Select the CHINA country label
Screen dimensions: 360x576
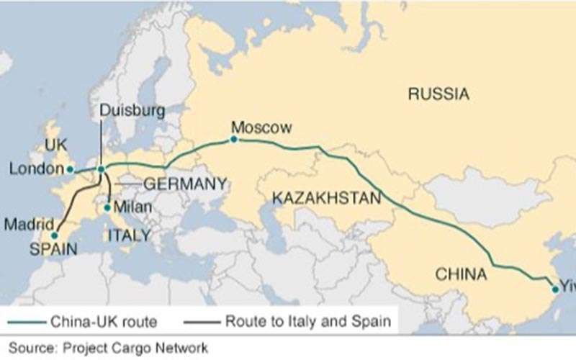point(461,274)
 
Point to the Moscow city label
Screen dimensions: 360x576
point(261,128)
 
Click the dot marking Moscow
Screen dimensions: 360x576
point(234,140)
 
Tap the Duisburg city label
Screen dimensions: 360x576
point(132,111)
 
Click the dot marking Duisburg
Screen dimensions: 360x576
point(101,170)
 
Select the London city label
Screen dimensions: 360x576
point(37,169)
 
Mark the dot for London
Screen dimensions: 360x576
point(70,170)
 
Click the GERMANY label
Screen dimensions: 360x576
point(185,184)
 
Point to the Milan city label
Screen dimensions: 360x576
point(133,207)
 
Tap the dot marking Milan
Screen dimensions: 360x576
point(107,208)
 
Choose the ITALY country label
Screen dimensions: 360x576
point(130,235)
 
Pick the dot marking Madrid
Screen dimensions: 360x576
point(55,235)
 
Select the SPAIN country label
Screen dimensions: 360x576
point(53,249)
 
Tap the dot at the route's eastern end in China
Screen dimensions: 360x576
point(555,289)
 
